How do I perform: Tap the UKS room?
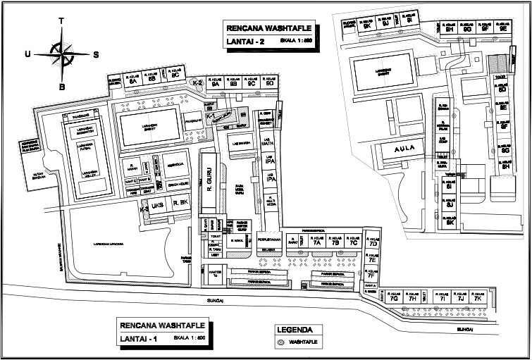[x=158, y=205]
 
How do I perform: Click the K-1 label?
[x=210, y=115]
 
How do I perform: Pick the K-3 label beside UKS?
[x=144, y=209]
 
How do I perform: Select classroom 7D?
[x=373, y=243]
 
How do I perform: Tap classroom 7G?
[x=394, y=299]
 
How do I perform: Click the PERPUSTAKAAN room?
[x=269, y=239]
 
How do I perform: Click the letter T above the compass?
[x=62, y=20]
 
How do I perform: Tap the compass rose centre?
[x=62, y=54]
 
